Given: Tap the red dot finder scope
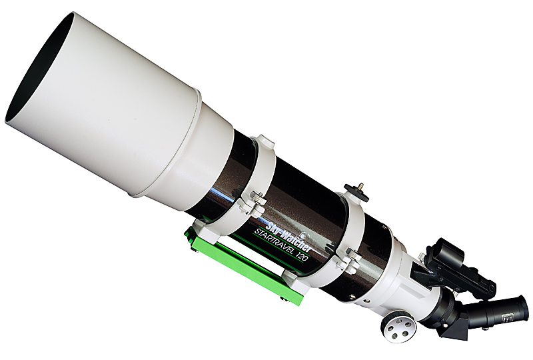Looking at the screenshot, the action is tap(456, 269).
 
